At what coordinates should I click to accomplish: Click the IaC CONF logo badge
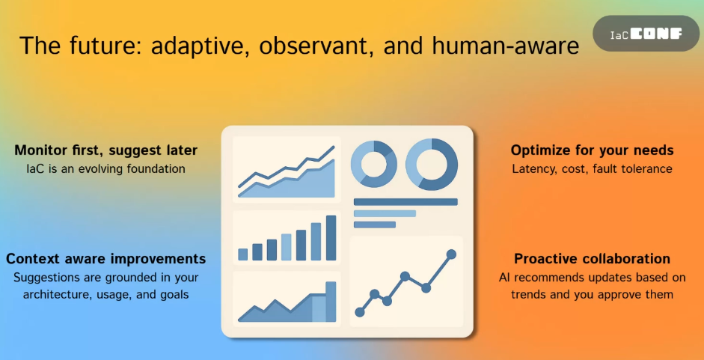click(646, 33)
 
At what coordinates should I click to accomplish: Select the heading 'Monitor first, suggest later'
click(106, 150)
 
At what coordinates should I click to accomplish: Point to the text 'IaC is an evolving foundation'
click(106, 169)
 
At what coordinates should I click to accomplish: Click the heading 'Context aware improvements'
click(106, 259)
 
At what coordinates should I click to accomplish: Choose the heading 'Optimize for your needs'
click(593, 150)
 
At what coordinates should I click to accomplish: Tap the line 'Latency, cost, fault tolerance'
click(593, 169)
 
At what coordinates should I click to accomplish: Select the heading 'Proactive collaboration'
click(593, 259)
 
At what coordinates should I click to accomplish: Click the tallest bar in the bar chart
click(331, 238)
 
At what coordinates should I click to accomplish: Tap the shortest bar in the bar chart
click(243, 254)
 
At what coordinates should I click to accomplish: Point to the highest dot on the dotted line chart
click(451, 254)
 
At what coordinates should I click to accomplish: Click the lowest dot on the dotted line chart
click(360, 312)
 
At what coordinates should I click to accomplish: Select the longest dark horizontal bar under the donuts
click(405, 202)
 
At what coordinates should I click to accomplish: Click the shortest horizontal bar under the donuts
click(375, 225)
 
